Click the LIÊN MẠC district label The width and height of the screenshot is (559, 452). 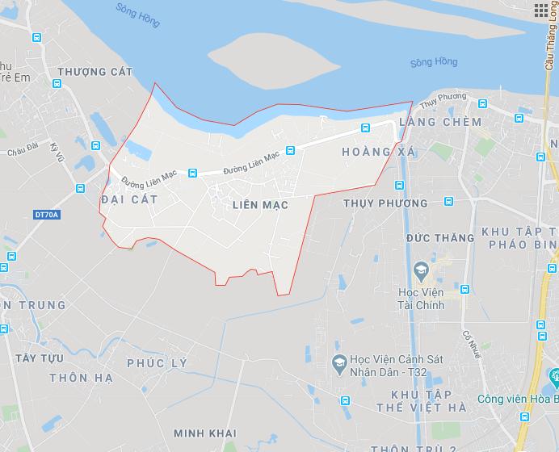pos(259,205)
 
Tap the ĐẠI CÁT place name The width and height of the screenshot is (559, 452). pos(129,198)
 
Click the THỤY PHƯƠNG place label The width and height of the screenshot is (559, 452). pos(385,203)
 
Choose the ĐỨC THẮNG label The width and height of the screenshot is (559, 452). pos(440,238)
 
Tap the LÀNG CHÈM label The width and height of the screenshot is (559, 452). pos(439,122)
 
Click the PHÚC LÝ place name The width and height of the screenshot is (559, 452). pos(157,363)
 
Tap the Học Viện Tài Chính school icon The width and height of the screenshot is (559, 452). pos(420,268)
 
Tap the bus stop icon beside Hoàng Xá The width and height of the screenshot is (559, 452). pos(365,128)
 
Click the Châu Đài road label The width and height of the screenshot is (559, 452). pos(23,151)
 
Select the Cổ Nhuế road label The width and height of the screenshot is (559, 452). pos(467,343)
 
